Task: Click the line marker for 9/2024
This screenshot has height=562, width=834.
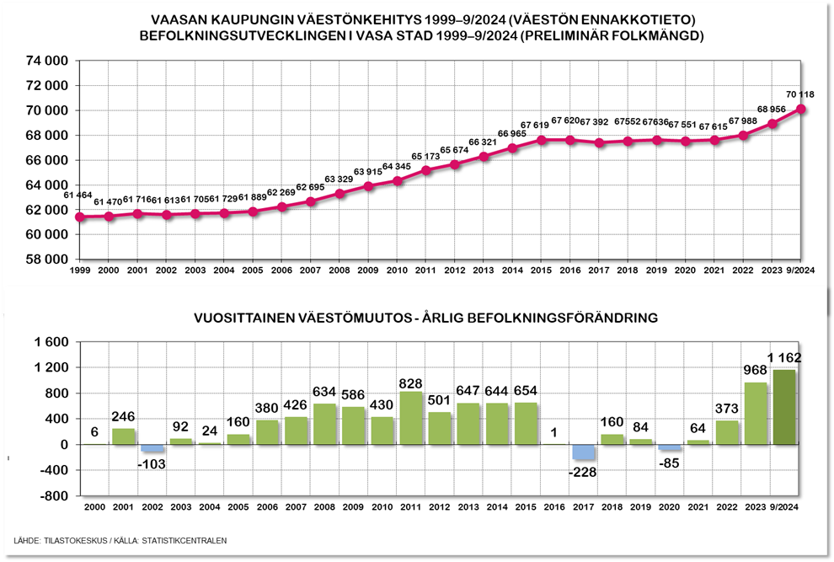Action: pos(800,109)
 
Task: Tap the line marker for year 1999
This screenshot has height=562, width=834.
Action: pos(80,217)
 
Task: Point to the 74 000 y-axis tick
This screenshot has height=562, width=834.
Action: pos(45,62)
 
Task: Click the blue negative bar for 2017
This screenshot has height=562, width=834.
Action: pos(585,452)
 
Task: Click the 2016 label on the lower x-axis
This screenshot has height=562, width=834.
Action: pos(556,506)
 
